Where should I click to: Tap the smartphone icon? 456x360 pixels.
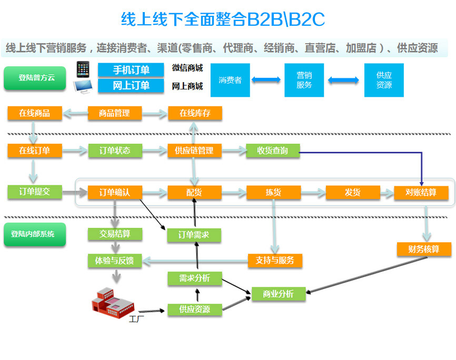[82, 69]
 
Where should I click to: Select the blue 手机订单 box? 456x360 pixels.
[131, 70]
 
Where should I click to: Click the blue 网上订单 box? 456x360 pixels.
[131, 85]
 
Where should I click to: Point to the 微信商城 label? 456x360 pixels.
[187, 68]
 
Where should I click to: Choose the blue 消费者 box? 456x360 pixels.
[230, 80]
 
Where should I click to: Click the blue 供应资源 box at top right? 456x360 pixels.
[384, 80]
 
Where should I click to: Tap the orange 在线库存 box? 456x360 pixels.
[195, 113]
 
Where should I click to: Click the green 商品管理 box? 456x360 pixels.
[115, 113]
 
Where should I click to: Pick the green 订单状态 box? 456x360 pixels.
[115, 151]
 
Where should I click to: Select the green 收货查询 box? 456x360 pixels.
[273, 151]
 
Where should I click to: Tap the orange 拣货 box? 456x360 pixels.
[273, 193]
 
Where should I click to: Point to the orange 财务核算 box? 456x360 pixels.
[424, 249]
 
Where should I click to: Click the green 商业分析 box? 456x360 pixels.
[279, 294]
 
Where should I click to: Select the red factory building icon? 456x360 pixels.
[113, 302]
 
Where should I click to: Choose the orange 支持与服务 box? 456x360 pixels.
[275, 260]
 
